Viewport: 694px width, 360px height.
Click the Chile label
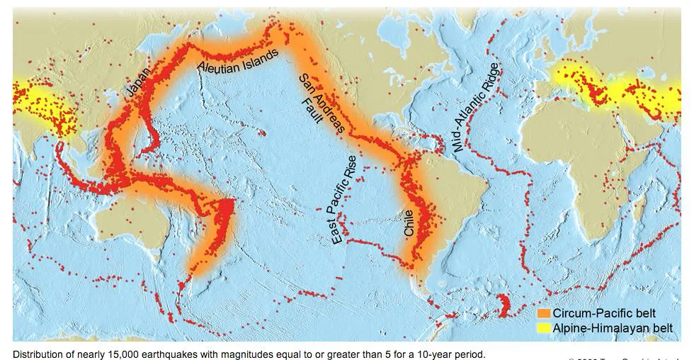pos(410,221)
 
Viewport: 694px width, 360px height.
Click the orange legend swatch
pos(544,313)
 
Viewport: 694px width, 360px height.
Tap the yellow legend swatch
pos(544,327)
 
